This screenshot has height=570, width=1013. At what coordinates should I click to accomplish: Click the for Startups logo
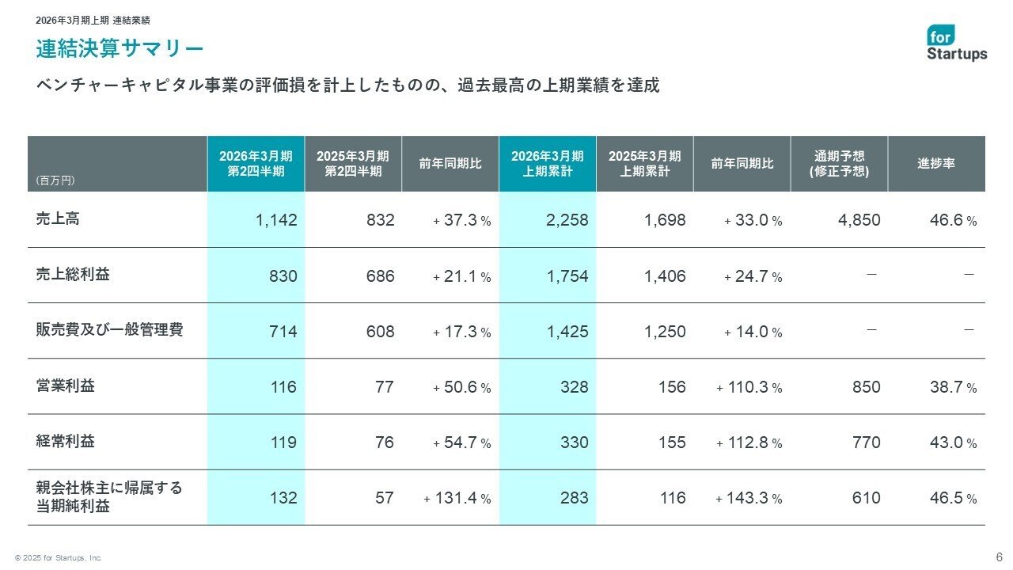pyautogui.click(x=957, y=43)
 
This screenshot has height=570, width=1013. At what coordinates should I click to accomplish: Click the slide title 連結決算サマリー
pyautogui.click(x=120, y=49)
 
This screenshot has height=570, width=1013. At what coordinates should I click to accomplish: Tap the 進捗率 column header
pyautogui.click(x=936, y=164)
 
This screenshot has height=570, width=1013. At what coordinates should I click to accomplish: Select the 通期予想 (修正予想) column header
pyautogui.click(x=839, y=164)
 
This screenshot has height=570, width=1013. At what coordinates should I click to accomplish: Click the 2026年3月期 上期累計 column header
pyautogui.click(x=547, y=164)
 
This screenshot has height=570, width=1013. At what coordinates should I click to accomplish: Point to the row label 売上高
pyautogui.click(x=58, y=218)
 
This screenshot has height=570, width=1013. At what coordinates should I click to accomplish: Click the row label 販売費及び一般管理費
pyautogui.click(x=110, y=330)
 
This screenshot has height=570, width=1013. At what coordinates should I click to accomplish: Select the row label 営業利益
pyautogui.click(x=66, y=386)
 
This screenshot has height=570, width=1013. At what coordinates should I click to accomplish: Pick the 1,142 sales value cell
pyautogui.click(x=276, y=220)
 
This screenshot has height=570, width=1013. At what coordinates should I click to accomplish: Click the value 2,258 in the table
pyautogui.click(x=567, y=220)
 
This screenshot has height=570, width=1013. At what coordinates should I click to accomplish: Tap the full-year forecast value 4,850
pyautogui.click(x=859, y=220)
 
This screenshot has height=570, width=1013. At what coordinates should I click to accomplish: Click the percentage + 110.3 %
pyautogui.click(x=749, y=387)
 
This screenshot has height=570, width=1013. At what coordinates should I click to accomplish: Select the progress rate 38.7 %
pyautogui.click(x=953, y=387)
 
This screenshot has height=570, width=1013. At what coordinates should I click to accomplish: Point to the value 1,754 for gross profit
pyautogui.click(x=567, y=276)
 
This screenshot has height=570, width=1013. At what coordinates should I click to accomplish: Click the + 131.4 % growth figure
pyautogui.click(x=457, y=498)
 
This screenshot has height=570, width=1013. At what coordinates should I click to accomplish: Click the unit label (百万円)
pyautogui.click(x=55, y=180)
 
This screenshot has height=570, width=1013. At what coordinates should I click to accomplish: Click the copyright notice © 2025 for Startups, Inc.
pyautogui.click(x=58, y=558)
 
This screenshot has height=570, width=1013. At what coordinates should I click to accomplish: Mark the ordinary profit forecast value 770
pyautogui.click(x=866, y=443)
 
